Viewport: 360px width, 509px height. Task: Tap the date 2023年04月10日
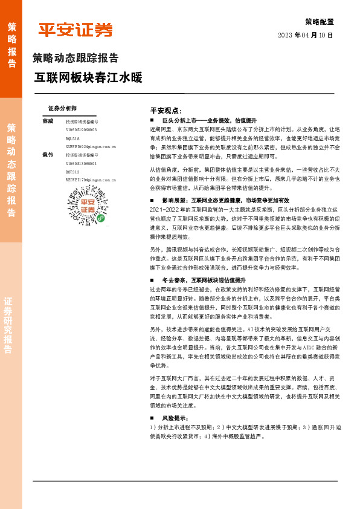tap(305, 36)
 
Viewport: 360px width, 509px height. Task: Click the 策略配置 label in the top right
tap(318, 21)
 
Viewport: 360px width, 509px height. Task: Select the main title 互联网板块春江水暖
tap(88, 79)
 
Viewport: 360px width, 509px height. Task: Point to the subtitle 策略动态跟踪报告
tap(75, 59)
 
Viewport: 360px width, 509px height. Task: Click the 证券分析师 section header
tap(62, 108)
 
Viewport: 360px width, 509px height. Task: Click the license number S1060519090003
tap(81, 130)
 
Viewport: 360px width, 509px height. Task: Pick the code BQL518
tap(72, 138)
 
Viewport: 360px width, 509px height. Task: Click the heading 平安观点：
tap(166, 111)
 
